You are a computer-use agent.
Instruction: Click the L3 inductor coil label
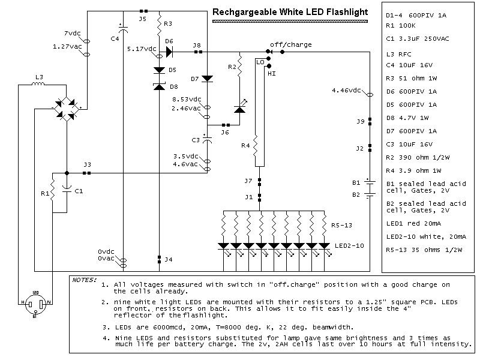point(40,77)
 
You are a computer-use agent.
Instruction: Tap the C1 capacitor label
point(78,191)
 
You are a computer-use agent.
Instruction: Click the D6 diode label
point(169,41)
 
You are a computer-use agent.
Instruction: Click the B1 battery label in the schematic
point(356,182)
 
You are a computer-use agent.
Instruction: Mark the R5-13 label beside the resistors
point(341,225)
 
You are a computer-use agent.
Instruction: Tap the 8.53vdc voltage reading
point(187,100)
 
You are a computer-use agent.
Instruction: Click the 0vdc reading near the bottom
point(108,251)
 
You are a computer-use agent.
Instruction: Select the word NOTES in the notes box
point(83,280)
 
